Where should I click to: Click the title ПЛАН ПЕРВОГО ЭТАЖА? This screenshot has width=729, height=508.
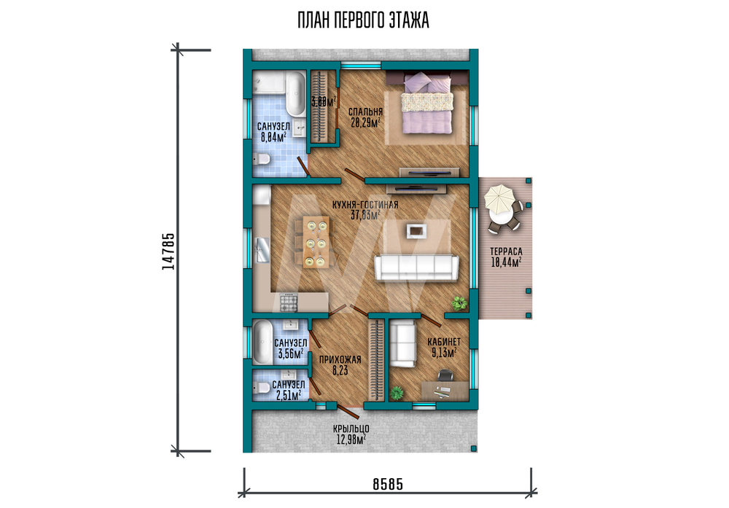(363, 20)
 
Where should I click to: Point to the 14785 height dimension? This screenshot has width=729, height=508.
(168, 251)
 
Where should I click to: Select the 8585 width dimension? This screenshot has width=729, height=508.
(388, 484)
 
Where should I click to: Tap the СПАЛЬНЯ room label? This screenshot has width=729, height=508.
(365, 112)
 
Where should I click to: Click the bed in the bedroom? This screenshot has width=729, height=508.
(426, 103)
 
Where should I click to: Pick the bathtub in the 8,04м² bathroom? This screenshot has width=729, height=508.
(295, 94)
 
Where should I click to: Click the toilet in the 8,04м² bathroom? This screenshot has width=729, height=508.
(261, 158)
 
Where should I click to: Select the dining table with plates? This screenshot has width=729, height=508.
(316, 242)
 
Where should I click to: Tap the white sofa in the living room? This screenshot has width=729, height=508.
(416, 267)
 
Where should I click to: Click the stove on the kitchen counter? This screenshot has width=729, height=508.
(288, 302)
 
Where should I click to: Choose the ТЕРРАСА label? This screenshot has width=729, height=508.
(506, 251)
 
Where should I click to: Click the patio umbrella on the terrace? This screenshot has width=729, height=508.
(499, 197)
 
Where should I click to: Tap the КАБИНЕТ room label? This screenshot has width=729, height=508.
(444, 342)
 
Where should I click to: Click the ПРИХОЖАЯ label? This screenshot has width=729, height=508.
(340, 360)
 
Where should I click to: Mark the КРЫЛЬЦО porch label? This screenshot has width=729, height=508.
(351, 429)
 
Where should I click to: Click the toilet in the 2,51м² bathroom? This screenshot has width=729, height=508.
(261, 387)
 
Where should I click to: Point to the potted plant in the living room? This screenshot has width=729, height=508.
(459, 303)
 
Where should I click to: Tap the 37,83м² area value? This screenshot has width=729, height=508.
(365, 215)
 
